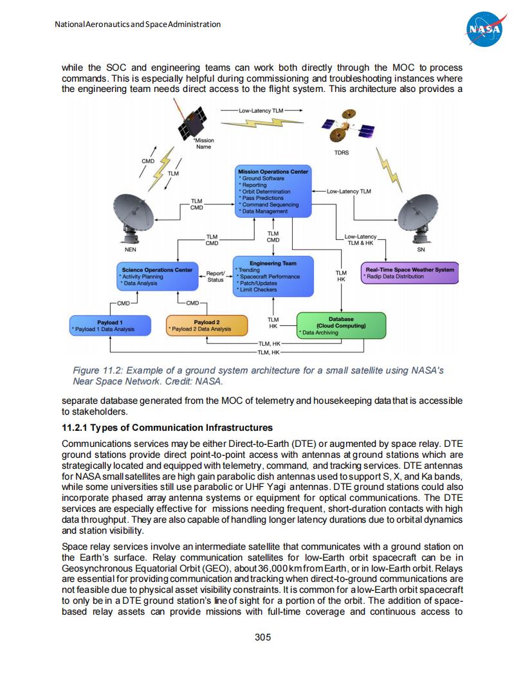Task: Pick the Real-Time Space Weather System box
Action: click(409, 273)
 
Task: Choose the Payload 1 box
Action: click(110, 325)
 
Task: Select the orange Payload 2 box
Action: click(207, 325)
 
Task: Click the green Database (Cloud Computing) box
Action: click(341, 325)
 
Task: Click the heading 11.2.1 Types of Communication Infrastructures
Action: click(167, 428)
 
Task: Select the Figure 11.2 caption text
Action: click(257, 376)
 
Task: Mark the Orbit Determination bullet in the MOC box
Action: click(266, 192)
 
